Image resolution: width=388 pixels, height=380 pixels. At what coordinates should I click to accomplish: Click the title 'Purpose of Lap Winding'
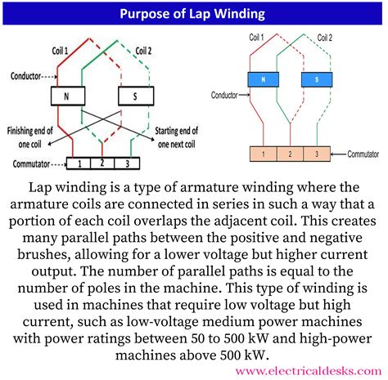click(x=194, y=14)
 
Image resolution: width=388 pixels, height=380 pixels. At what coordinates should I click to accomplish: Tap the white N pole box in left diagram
click(x=64, y=96)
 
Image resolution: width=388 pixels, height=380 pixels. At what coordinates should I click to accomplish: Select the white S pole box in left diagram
click(x=130, y=96)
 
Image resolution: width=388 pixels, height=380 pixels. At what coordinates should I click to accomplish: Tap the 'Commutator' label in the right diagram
click(x=358, y=152)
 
